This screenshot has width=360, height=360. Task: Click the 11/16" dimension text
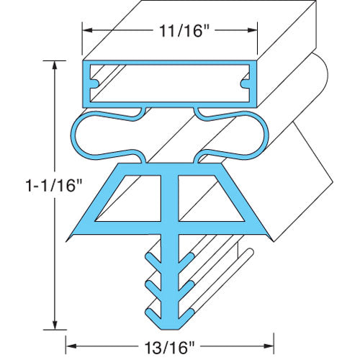click(170, 31)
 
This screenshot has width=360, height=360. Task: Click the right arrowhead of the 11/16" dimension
click(256, 31)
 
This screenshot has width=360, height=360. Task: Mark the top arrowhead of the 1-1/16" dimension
click(55, 63)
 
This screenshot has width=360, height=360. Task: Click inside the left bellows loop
click(112, 132)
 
